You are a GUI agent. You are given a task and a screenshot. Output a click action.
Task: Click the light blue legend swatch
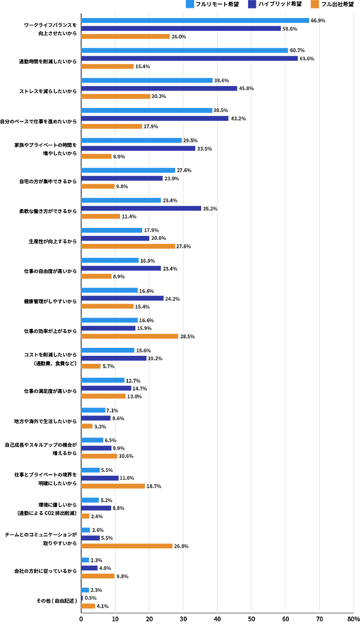click(190, 4)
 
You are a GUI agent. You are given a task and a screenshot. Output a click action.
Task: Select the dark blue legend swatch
click(252, 4)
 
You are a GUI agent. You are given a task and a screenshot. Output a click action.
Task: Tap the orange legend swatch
click(315, 4)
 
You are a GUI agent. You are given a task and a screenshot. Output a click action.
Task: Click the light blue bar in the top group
click(195, 20)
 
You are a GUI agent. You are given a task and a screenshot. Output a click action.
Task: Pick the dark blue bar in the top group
click(181, 28)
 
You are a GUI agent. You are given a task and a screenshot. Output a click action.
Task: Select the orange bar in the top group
click(126, 36)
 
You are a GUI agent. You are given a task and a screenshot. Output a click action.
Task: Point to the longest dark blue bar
click(190, 59)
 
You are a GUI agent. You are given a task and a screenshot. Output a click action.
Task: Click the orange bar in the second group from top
click(108, 66)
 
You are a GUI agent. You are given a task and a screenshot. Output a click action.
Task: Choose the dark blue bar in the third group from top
click(159, 88)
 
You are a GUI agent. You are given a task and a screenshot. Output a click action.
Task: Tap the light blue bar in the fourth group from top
click(147, 110)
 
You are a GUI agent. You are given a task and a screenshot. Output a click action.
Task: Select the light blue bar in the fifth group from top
click(132, 140)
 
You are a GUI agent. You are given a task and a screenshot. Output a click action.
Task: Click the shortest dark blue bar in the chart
click(83, 598)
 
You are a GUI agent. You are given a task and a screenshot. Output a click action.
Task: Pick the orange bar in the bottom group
click(89, 606)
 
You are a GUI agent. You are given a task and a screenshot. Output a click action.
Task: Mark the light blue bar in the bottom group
click(85, 590)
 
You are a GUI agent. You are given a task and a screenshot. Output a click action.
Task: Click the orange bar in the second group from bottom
click(98, 576)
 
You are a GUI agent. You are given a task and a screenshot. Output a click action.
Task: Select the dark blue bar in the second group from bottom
click(90, 568)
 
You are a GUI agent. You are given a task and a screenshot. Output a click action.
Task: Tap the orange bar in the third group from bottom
click(127, 546)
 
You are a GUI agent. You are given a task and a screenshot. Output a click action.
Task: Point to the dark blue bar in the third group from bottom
click(91, 538)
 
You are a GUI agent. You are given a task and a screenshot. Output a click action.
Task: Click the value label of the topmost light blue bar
click(318, 20)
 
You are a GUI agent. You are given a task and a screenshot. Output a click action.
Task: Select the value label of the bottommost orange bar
click(103, 606)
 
